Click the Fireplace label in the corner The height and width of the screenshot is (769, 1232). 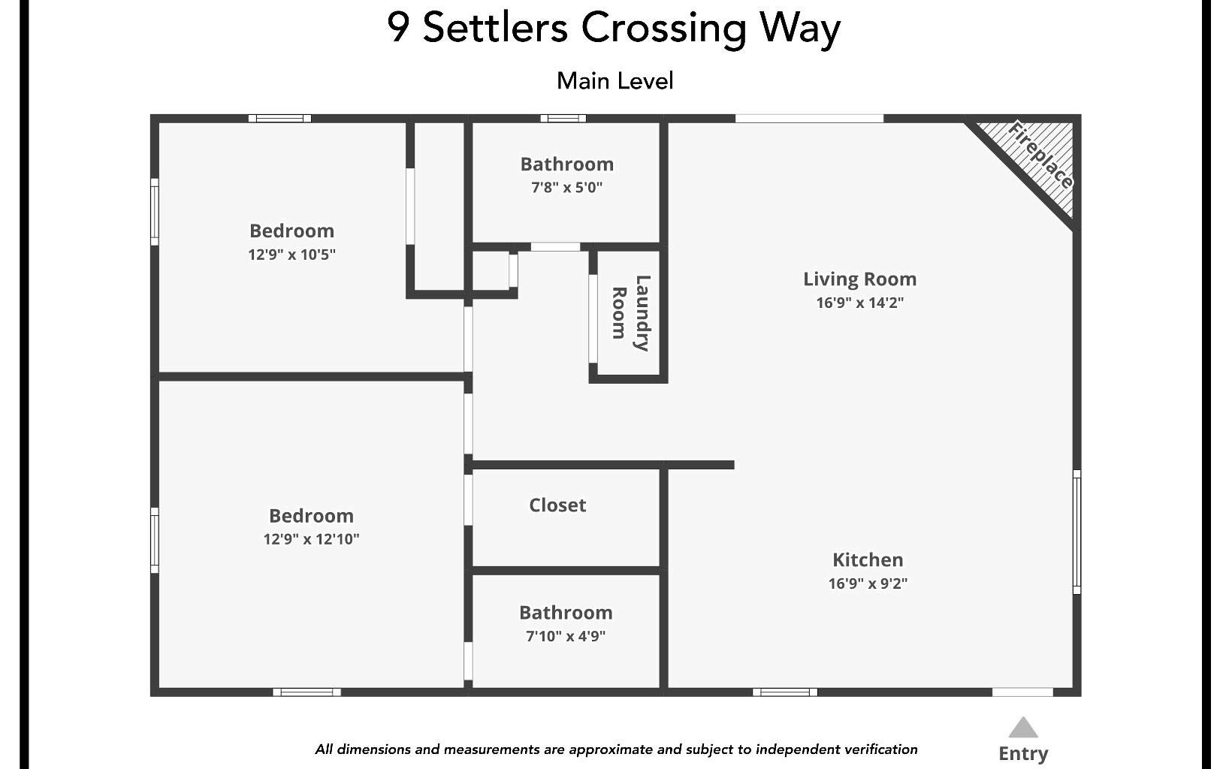coord(1040,154)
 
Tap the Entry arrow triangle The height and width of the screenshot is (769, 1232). coord(1022,728)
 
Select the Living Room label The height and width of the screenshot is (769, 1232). coord(859,279)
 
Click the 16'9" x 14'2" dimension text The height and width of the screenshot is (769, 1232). coord(859,303)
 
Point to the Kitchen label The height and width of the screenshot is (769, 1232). coord(868,559)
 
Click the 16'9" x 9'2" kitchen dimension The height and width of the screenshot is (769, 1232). coord(868,584)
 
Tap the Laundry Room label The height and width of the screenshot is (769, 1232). coord(630,313)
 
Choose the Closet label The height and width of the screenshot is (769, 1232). coord(557,505)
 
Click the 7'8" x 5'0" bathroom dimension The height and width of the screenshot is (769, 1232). coord(567,188)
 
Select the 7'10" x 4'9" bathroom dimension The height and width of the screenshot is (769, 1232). coord(566,637)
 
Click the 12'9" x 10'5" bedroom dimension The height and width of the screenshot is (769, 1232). coord(291,255)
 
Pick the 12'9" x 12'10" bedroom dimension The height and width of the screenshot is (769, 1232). coord(311,539)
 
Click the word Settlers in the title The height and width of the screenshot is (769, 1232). coord(495,29)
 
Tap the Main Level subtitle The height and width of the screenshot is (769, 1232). coord(614,81)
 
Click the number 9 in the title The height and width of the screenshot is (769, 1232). coord(398,29)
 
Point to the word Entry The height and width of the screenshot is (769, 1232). coord(1023,753)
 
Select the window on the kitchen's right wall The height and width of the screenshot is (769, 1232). coord(1076,531)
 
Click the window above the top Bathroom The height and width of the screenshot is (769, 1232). coord(563,118)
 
